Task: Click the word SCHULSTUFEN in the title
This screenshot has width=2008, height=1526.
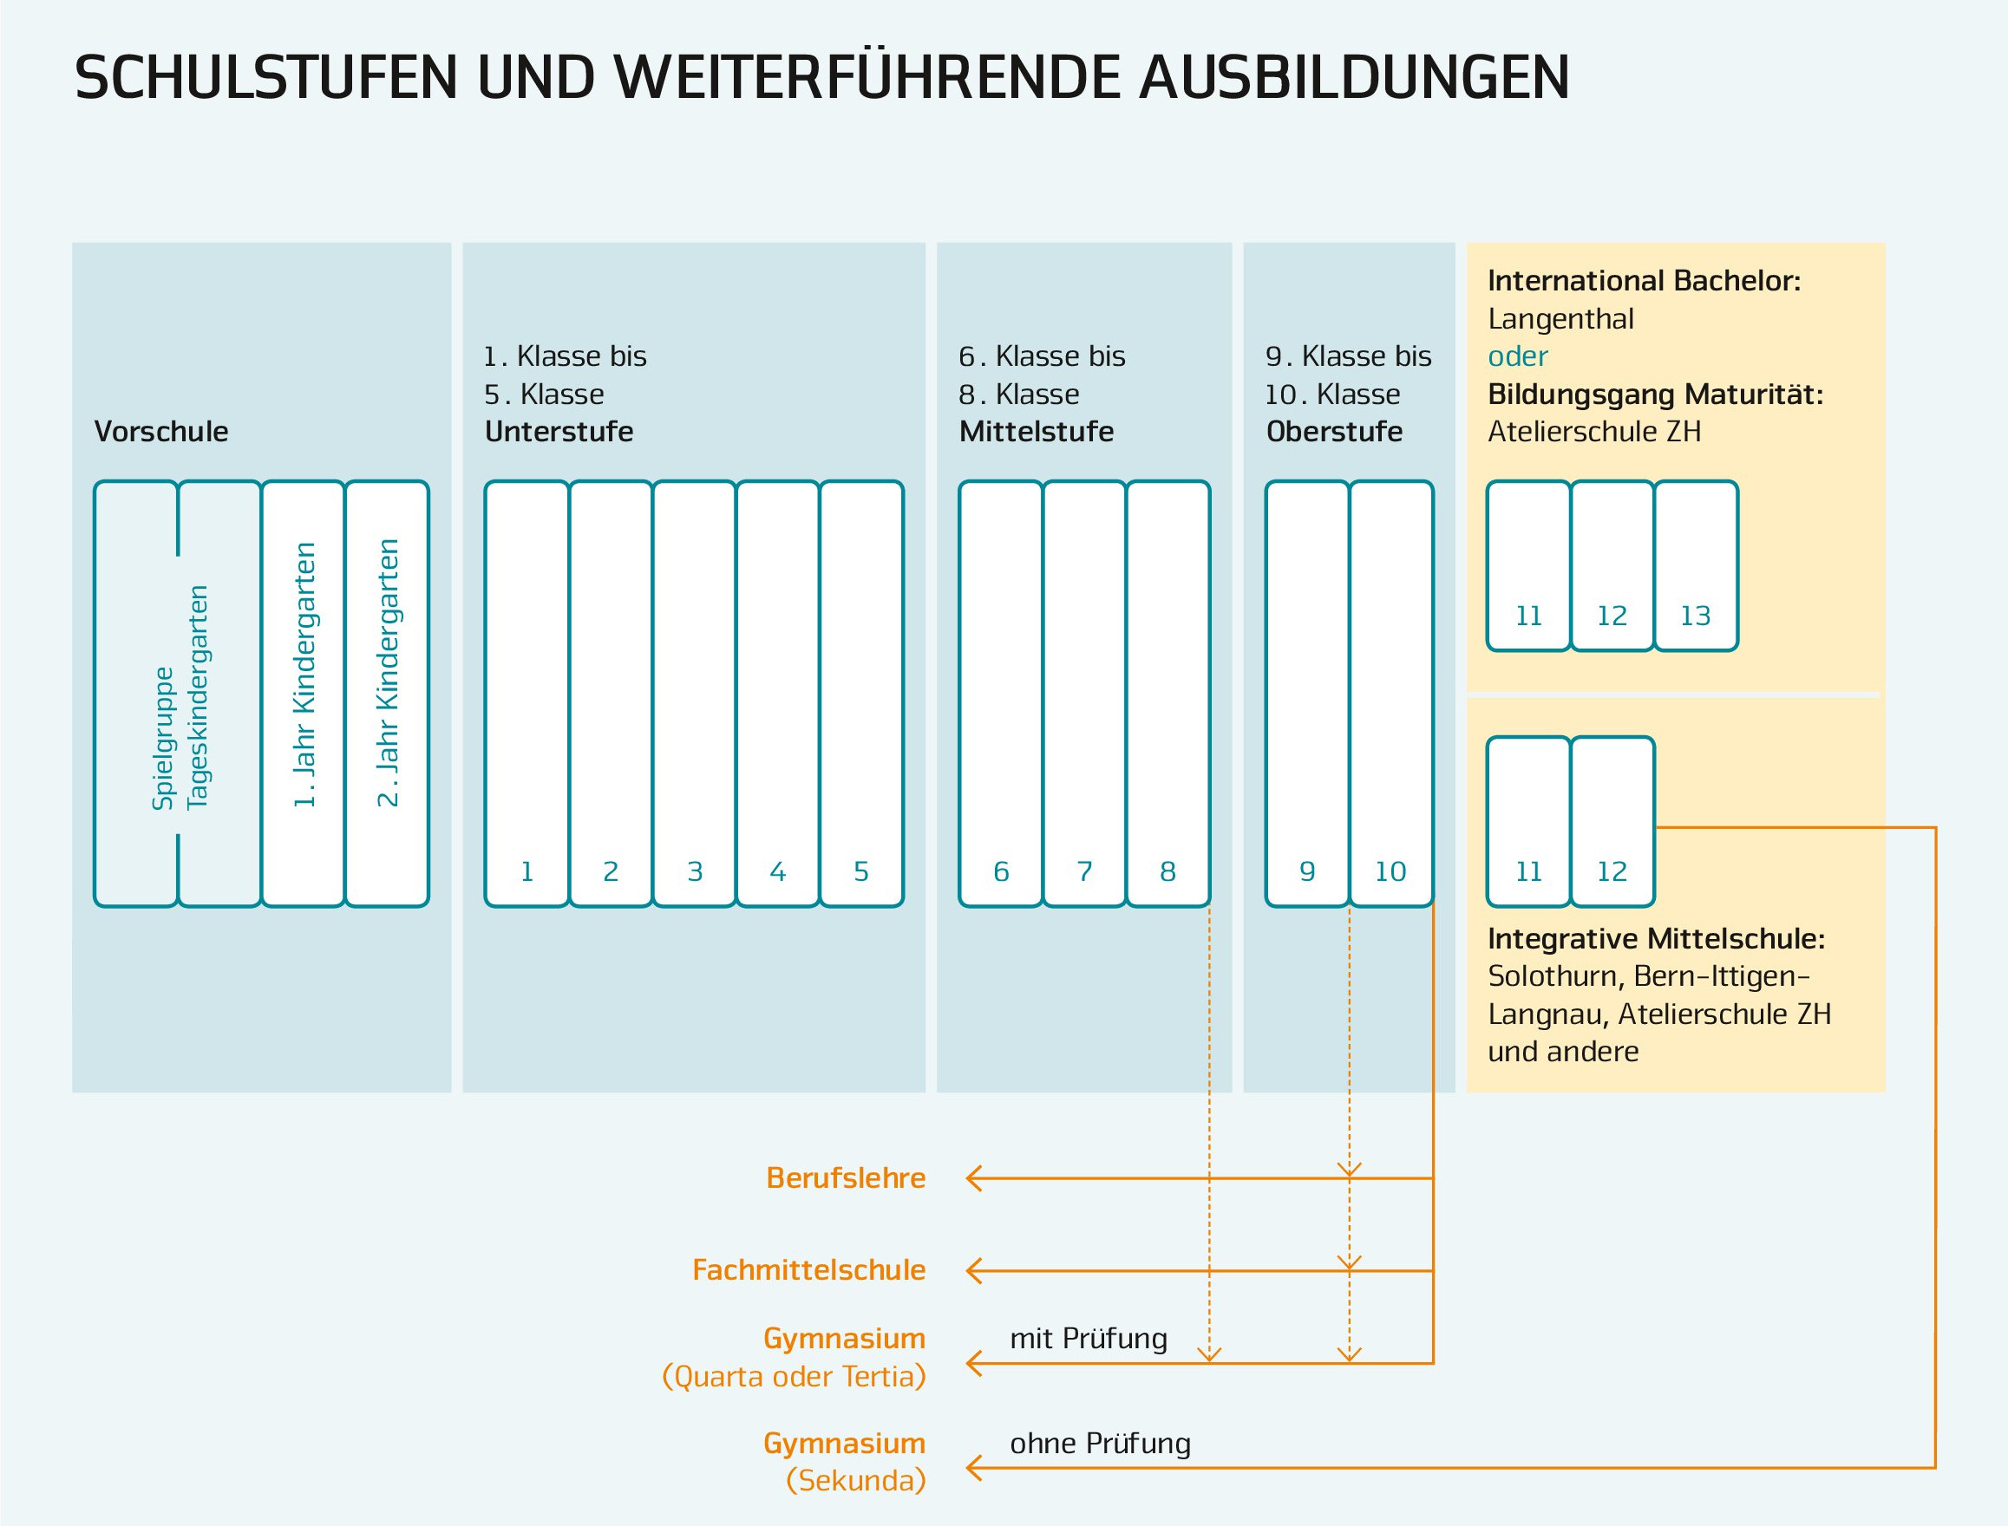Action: pyautogui.click(x=266, y=78)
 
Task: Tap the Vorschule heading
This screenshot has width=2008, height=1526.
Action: pyautogui.click(x=160, y=432)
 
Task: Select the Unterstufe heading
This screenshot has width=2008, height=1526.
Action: pyautogui.click(x=559, y=432)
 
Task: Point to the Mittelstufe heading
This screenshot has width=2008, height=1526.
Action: pyautogui.click(x=1036, y=432)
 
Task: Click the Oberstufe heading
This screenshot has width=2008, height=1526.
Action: pyautogui.click(x=1334, y=432)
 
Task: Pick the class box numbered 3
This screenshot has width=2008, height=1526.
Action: pyautogui.click(x=694, y=694)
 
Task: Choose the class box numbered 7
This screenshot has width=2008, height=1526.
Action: pyautogui.click(x=1084, y=694)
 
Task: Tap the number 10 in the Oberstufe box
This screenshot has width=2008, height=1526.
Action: pyautogui.click(x=1390, y=872)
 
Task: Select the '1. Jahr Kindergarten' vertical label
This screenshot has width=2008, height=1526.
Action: pyautogui.click(x=304, y=675)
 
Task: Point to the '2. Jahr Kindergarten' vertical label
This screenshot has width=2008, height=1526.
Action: pyautogui.click(x=388, y=673)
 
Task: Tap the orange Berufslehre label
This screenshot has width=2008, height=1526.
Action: pyautogui.click(x=846, y=1178)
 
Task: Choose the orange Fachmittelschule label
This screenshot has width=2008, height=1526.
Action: pyautogui.click(x=808, y=1270)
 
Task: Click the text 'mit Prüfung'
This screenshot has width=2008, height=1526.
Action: pyautogui.click(x=1089, y=1338)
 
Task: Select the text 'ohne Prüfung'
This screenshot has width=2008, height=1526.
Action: pyautogui.click(x=1099, y=1444)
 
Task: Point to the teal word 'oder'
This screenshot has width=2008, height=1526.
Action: pyautogui.click(x=1517, y=356)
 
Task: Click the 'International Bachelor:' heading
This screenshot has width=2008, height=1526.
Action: pyautogui.click(x=1644, y=281)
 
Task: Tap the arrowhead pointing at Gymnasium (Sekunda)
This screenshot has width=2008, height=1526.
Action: pyautogui.click(x=974, y=1468)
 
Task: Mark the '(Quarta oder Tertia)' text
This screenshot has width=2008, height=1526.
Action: pyautogui.click(x=793, y=1377)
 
